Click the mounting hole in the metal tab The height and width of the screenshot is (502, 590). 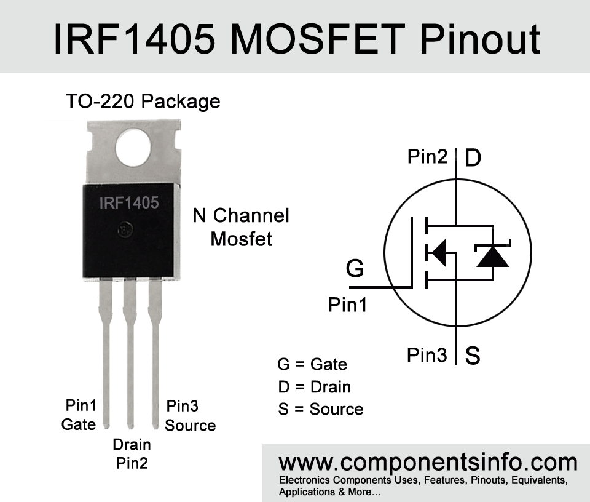point(133,148)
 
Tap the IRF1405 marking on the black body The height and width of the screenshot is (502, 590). point(129,203)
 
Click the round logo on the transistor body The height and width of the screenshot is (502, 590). point(125,229)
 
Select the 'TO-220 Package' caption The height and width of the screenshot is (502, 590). point(143,102)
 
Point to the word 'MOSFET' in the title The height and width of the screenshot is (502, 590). point(318,39)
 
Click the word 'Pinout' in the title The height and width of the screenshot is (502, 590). point(480,39)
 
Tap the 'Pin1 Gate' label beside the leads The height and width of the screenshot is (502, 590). point(79,415)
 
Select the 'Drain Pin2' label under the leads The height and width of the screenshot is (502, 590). point(132,454)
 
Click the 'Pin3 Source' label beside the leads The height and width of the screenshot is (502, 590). point(191,415)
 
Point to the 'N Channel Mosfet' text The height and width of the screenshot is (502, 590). point(241,227)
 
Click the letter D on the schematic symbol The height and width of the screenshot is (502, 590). point(473,157)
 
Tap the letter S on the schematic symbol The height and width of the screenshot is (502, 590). point(473,355)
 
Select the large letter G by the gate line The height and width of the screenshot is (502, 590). point(355,268)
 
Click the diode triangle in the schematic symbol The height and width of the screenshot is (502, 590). point(493,257)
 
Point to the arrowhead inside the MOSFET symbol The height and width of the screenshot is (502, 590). point(437,252)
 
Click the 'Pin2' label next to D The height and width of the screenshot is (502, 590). point(428,156)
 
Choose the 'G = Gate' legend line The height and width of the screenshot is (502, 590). point(312,364)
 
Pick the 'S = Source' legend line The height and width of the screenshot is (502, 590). point(321,409)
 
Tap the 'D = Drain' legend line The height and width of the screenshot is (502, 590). point(315,387)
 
